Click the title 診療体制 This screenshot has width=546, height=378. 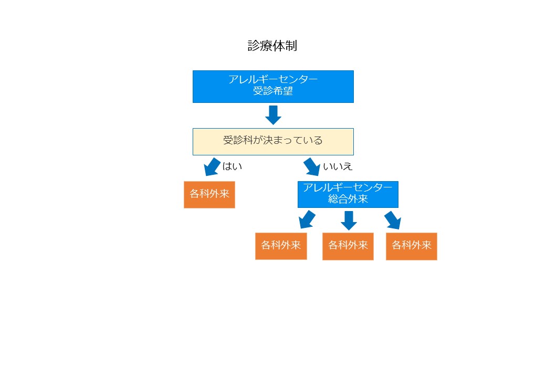click(272, 46)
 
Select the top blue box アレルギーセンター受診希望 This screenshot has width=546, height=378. click(273, 87)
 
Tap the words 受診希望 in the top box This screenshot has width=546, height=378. click(273, 91)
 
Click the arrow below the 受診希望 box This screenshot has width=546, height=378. click(274, 115)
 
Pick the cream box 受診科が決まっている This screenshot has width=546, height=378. click(273, 142)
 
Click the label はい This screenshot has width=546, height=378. click(232, 166)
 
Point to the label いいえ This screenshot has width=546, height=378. click(338, 166)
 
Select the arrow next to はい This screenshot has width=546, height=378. click(212, 167)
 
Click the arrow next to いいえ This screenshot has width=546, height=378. click(312, 167)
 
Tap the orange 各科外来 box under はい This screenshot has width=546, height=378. click(209, 195)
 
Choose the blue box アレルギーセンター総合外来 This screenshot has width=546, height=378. click(348, 195)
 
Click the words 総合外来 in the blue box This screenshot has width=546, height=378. click(348, 199)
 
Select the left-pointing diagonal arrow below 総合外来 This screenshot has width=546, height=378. click(307, 219)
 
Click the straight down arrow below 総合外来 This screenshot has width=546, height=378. click(349, 220)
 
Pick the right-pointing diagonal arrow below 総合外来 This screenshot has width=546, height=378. click(393, 220)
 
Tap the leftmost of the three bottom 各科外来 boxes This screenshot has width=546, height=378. click(281, 246)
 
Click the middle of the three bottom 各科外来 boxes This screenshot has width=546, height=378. click(348, 246)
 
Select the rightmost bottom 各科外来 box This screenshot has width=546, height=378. click(411, 246)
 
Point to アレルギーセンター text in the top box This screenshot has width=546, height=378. click(273, 79)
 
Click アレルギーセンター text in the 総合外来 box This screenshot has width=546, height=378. click(348, 187)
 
